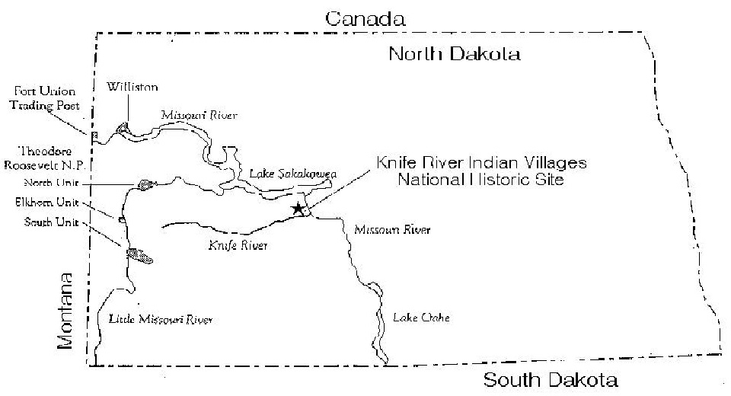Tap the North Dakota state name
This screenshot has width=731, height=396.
click(x=453, y=55)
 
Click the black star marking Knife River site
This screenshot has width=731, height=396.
click(x=298, y=208)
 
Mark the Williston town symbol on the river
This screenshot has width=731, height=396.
click(x=123, y=129)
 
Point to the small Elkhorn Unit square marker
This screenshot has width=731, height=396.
click(x=121, y=219)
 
